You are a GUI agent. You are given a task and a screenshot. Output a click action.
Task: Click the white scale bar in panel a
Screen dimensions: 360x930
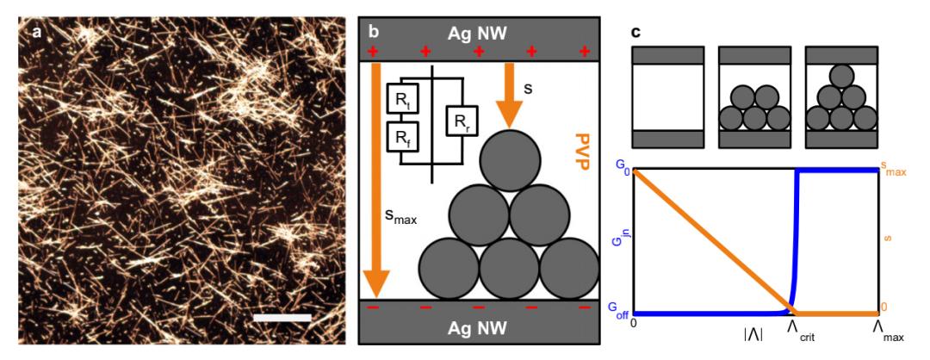[282, 318]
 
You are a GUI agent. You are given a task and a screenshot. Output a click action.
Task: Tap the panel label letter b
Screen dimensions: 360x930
[374, 32]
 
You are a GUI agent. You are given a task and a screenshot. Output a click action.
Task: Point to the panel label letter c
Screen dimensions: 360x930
[636, 33]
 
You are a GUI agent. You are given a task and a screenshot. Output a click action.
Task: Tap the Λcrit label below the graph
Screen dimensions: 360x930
[800, 330]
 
